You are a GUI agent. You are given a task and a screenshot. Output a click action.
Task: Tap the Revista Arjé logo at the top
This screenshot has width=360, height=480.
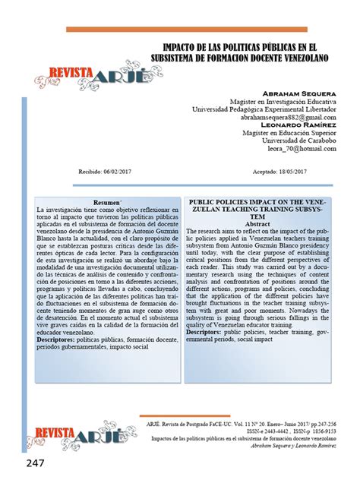(75, 73)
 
